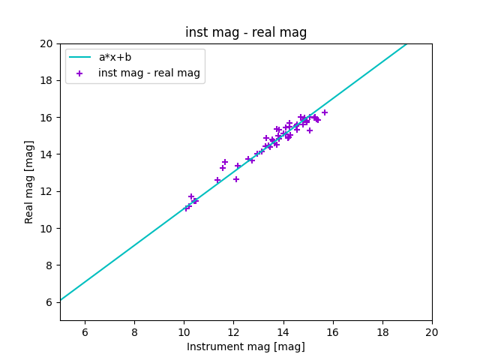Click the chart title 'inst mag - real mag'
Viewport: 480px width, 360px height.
pos(246,32)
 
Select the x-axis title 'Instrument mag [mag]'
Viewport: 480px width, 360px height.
pos(246,346)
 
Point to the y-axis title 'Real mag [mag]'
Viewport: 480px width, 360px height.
pos(30,181)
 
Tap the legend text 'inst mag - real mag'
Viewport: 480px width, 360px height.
pos(149,73)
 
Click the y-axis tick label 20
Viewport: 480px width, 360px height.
pos(46,43)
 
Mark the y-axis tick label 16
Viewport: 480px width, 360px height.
pos(46,118)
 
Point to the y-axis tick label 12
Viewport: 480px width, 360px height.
pos(46,191)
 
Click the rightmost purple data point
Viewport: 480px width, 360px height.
pos(325,112)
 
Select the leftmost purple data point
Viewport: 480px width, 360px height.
pos(187,208)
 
